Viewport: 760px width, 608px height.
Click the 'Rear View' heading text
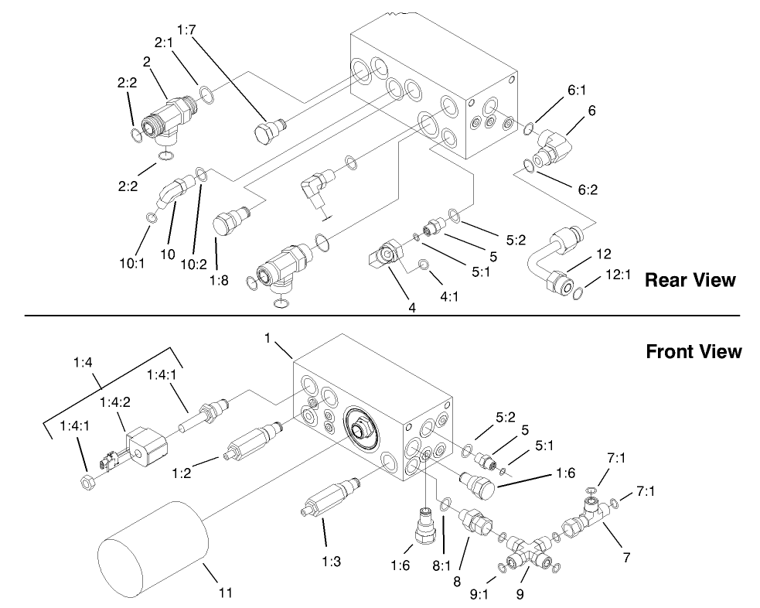[x=690, y=280]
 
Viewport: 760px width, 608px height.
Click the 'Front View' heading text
[x=694, y=352]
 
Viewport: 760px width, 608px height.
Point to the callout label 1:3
[x=331, y=562]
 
